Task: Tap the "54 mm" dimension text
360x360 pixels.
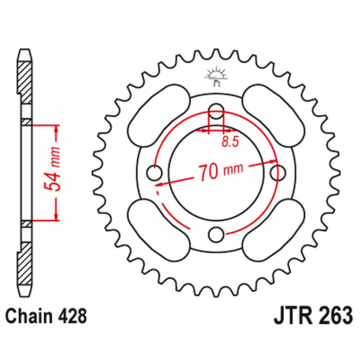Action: pos(45,171)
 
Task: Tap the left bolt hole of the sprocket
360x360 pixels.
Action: pos(155,172)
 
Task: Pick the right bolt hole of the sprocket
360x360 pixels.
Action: pos(275,172)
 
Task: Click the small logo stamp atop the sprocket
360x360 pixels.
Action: pos(215,75)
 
